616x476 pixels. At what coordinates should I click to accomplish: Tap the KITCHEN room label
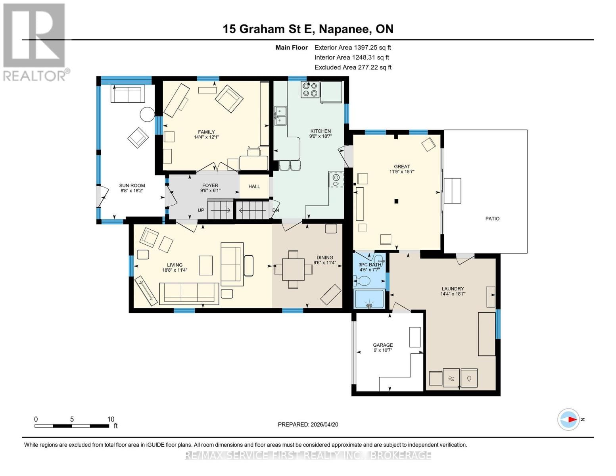tap(320, 131)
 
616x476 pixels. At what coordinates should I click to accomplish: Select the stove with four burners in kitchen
tap(310, 89)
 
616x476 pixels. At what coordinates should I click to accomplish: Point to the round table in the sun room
tap(147, 115)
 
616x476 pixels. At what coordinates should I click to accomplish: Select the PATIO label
tap(492, 219)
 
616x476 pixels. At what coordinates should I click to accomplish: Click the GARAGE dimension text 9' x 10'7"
tap(383, 350)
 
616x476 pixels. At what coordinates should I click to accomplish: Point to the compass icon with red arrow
tap(569, 419)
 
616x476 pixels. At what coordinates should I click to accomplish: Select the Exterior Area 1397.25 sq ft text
tap(353, 47)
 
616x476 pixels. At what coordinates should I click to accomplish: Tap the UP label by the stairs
tap(201, 210)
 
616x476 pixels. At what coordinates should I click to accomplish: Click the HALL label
tap(254, 186)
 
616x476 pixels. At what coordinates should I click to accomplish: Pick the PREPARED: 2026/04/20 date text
tap(308, 424)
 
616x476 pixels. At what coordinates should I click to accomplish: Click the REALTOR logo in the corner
tap(35, 42)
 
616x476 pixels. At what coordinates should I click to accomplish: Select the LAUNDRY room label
tap(453, 289)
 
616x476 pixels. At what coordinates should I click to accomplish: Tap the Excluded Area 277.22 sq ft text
tap(353, 67)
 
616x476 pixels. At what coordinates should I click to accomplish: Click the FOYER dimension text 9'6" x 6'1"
tap(210, 190)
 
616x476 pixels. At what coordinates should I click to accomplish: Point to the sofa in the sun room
tap(128, 94)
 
